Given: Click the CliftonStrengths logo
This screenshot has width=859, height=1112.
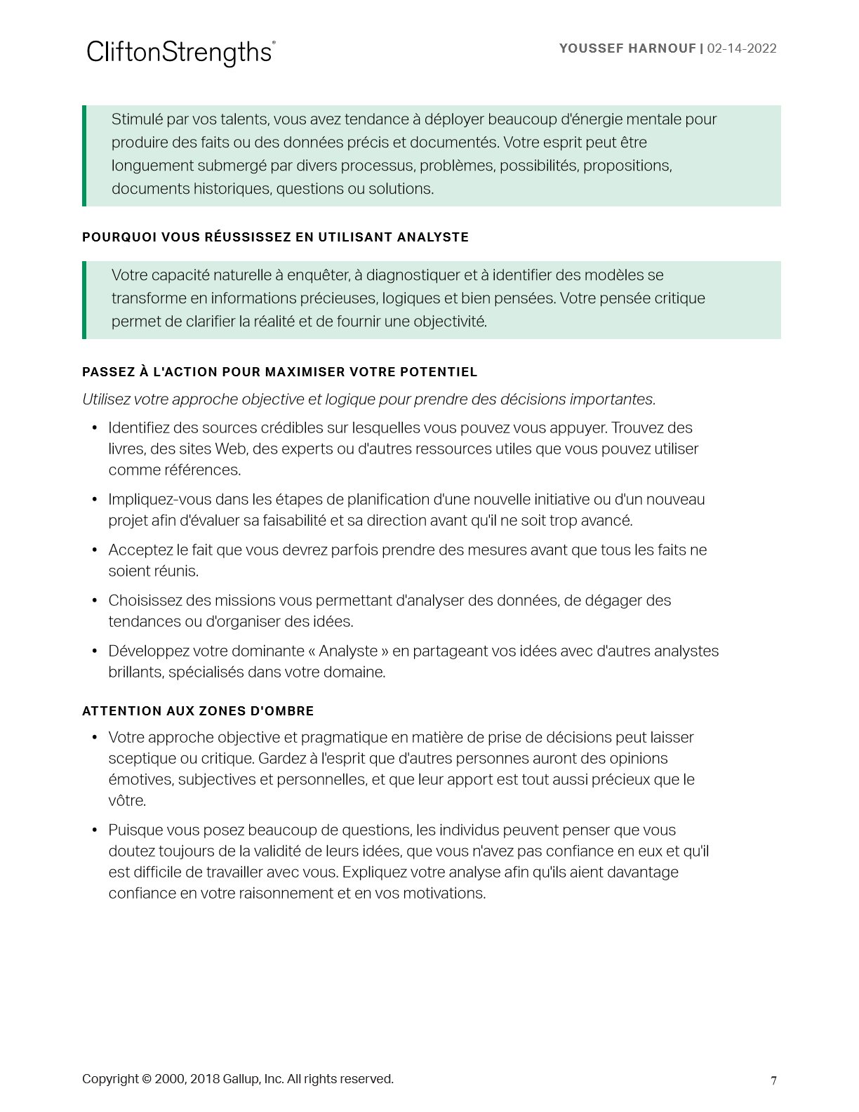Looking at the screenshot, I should [180, 53].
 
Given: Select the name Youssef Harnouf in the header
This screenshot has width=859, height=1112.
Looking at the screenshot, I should [627, 48].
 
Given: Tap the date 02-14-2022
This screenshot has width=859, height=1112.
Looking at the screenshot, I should [742, 48].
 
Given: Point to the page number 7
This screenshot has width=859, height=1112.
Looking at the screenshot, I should [773, 1080].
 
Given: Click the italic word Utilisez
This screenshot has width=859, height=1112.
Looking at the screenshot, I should [107, 399].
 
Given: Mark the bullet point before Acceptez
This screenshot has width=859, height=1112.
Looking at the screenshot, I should [95, 550].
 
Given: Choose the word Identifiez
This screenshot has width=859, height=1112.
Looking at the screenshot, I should [140, 428].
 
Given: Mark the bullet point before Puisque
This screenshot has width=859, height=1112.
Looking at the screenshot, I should [95, 830].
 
